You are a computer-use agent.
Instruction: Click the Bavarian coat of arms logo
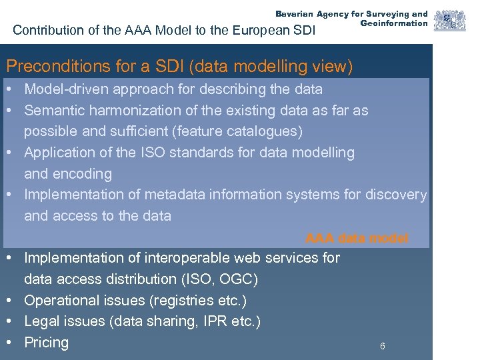450,21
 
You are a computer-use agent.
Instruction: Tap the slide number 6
382,346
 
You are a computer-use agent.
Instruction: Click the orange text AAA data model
357,238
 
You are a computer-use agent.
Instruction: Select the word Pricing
46,343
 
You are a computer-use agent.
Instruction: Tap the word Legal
42,321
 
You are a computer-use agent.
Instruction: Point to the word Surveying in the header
385,14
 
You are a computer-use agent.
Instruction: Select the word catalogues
263,131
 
